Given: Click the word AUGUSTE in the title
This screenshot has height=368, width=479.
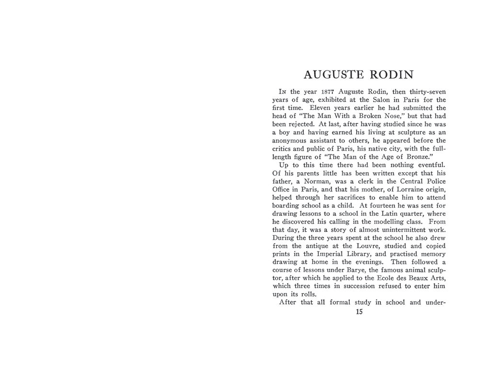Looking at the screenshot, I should point(331,75).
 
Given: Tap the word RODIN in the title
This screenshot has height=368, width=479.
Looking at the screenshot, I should point(390,75).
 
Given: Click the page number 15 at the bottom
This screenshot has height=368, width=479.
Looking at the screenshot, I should point(359,312).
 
